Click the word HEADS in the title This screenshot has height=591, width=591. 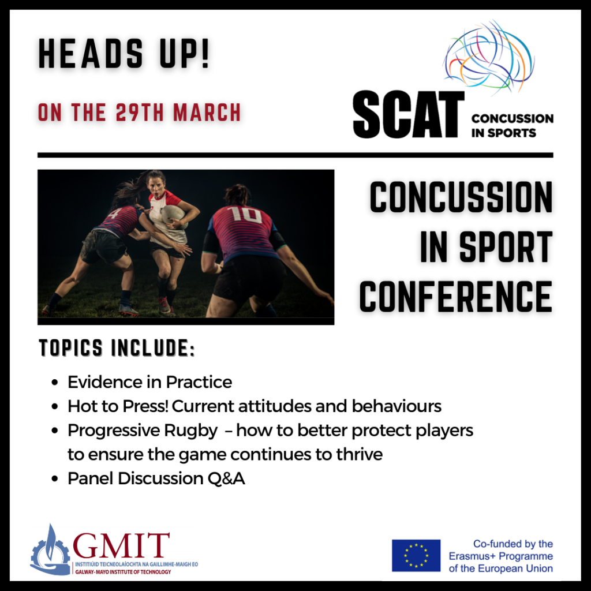tap(91, 54)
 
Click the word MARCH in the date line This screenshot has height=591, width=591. tap(207, 113)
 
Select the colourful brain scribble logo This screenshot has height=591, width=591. tap(489, 57)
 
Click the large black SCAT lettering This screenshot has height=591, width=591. tap(408, 114)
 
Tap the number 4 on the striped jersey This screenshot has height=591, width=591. tap(114, 214)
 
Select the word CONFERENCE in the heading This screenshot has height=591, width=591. tap(456, 297)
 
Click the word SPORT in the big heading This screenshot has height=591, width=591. tap(506, 247)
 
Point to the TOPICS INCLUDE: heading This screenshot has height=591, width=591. tap(117, 347)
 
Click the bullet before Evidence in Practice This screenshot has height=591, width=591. tap(55, 382)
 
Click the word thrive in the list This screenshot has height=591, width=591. tap(360, 454)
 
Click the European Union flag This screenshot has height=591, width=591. tap(416, 556)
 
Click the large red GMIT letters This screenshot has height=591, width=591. tap(121, 545)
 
